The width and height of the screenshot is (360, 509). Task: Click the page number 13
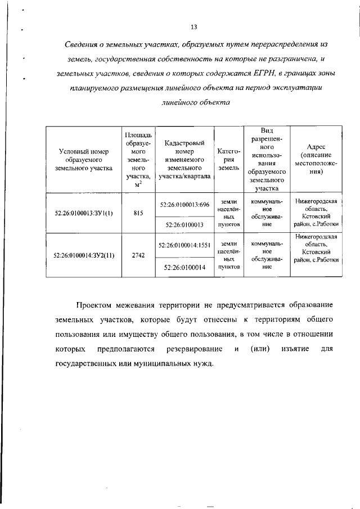tap(194, 27)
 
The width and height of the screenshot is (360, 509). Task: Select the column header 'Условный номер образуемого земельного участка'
tap(84, 160)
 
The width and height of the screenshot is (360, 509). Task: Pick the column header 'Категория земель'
tap(229, 160)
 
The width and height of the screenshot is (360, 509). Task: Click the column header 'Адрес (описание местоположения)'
tap(319, 160)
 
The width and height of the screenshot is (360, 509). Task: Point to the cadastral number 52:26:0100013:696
tap(184, 204)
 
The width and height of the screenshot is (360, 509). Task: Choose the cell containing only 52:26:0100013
tap(184, 224)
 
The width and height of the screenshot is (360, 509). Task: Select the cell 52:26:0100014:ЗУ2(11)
tap(84, 255)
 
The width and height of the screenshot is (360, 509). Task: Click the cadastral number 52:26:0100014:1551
tap(184, 245)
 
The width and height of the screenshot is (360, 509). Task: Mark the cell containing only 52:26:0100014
tap(184, 268)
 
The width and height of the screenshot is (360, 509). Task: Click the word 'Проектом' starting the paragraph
tap(95, 305)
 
